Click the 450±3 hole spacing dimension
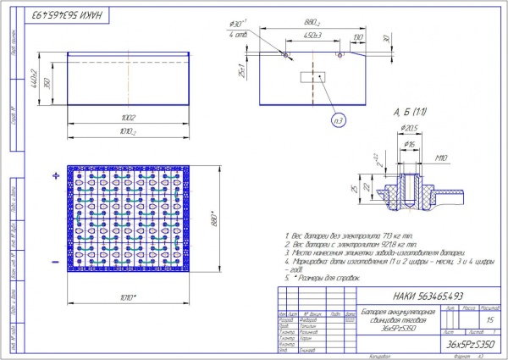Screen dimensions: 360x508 (312, 36)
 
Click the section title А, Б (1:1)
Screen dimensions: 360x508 (409, 112)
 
